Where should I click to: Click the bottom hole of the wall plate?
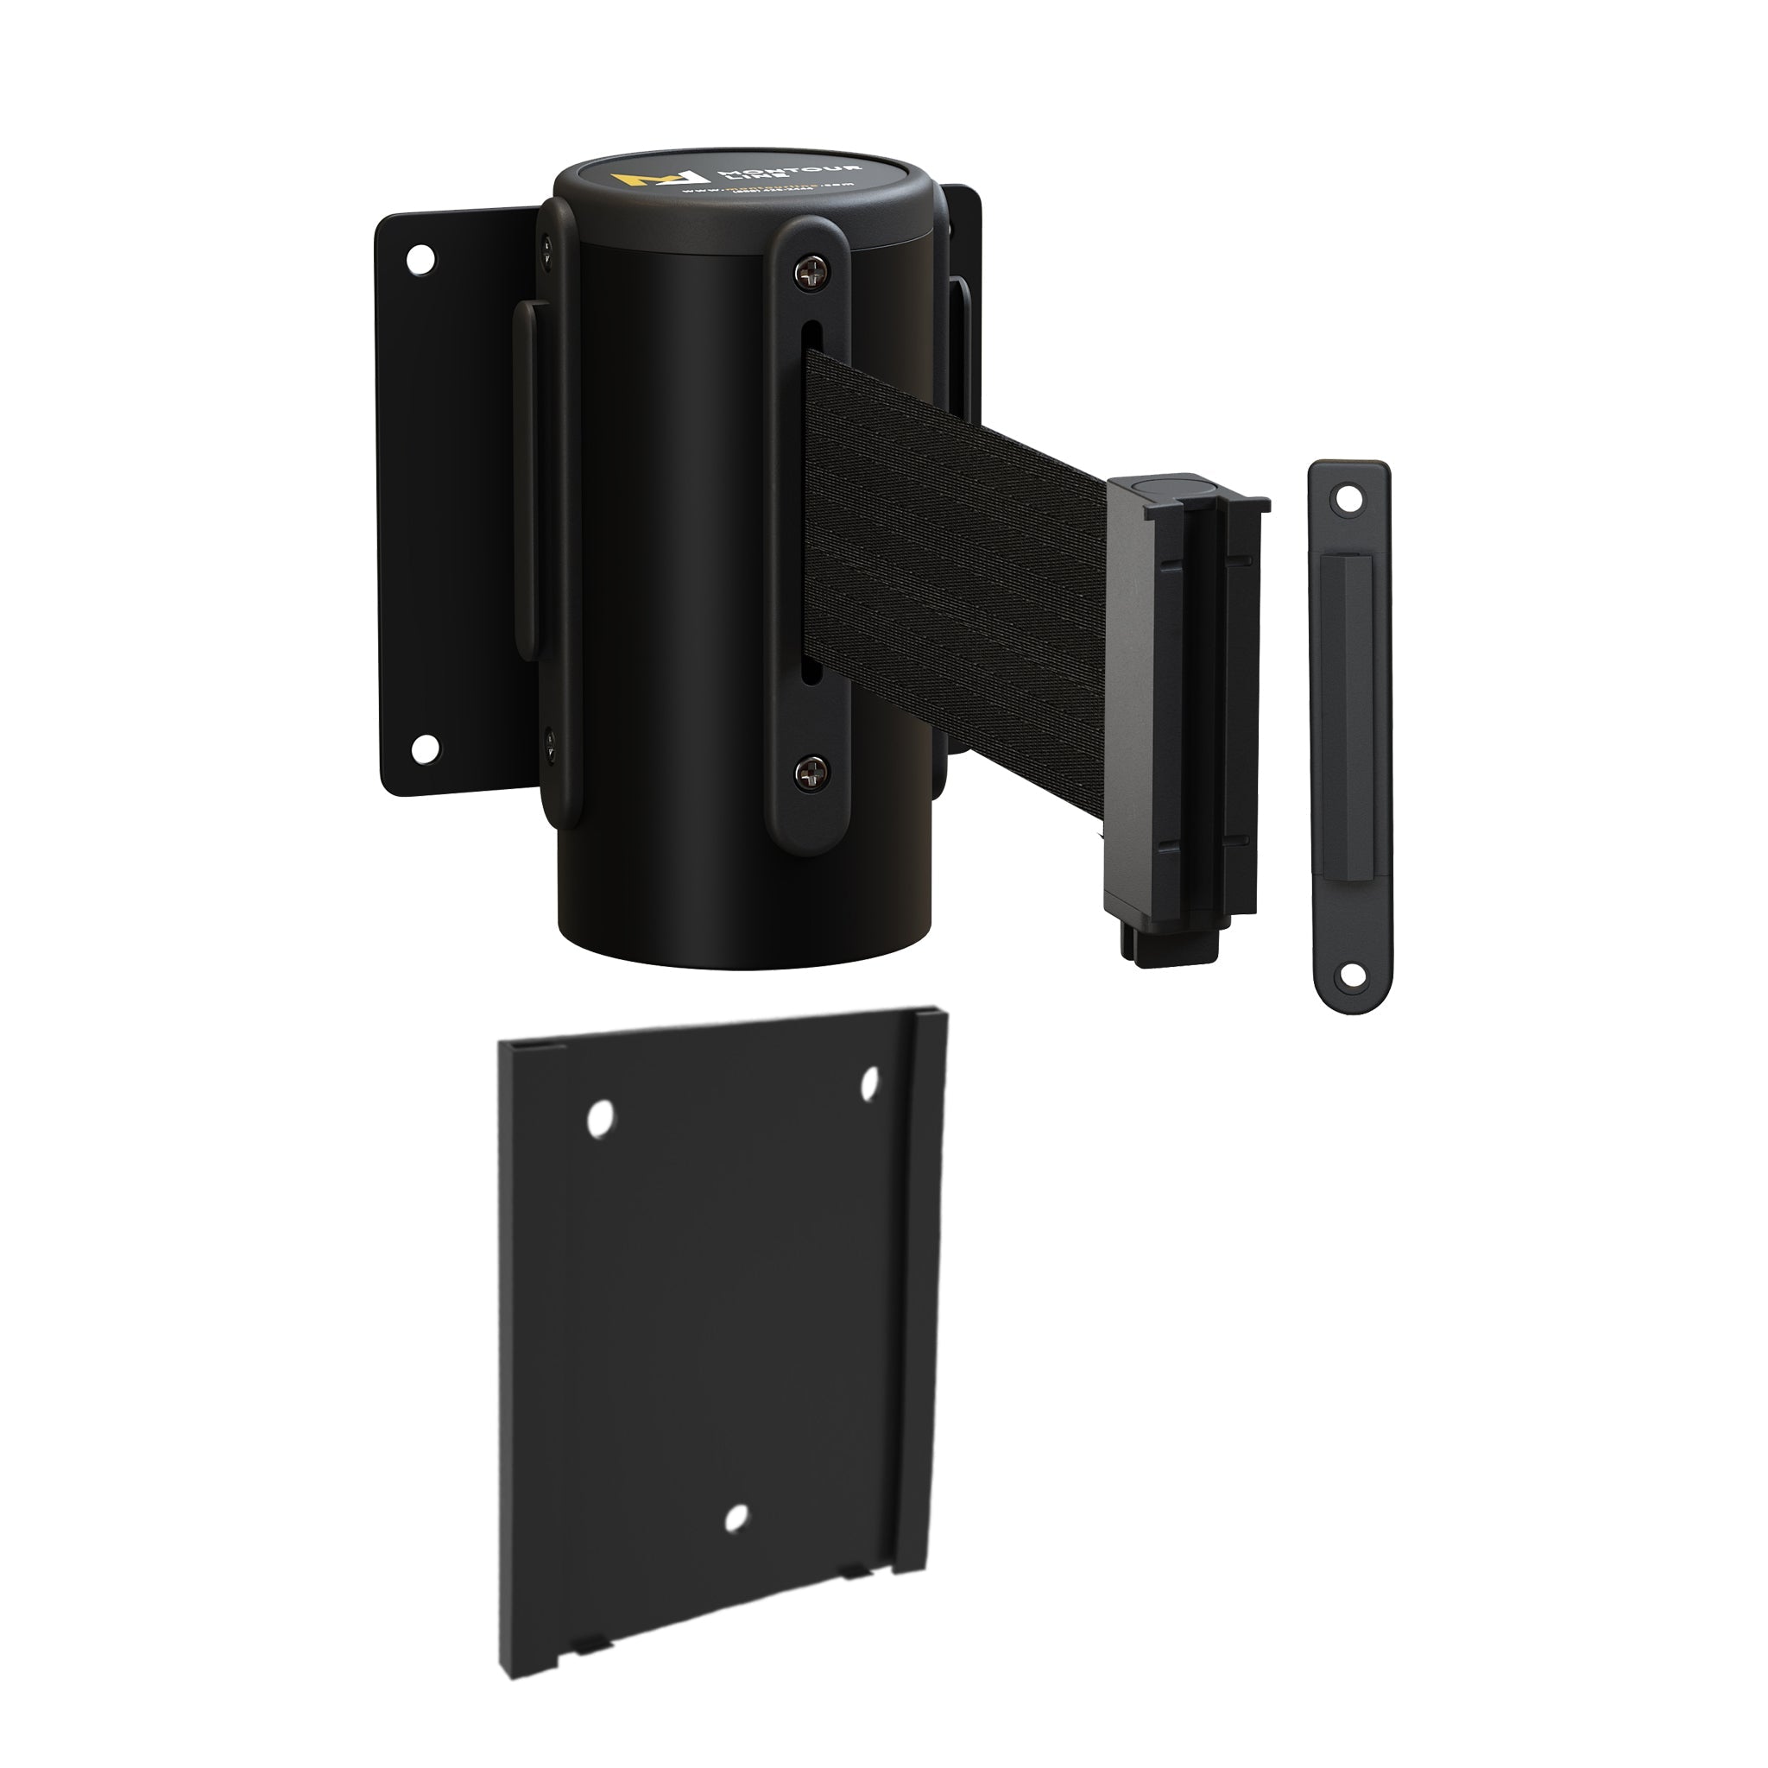424,748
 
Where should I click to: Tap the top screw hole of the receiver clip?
1346,500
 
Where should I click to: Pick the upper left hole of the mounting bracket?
600,1119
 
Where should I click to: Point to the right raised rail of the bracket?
919,1281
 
